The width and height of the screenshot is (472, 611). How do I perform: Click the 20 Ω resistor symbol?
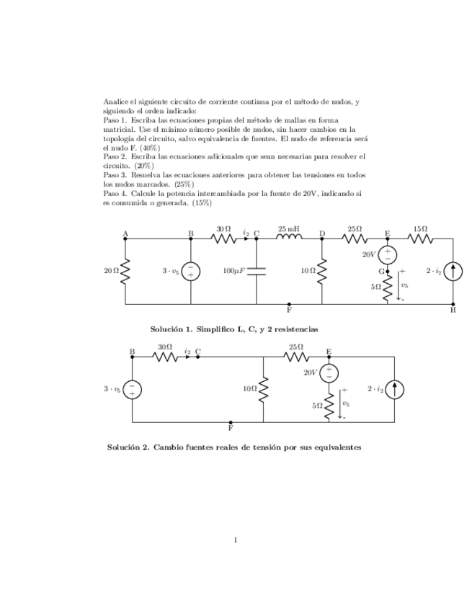(125, 271)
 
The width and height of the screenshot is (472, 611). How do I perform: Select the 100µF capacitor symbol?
(257, 271)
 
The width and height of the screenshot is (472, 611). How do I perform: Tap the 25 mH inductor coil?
(289, 238)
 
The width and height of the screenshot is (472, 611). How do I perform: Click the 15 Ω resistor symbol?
(420, 238)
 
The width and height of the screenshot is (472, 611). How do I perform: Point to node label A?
(125, 233)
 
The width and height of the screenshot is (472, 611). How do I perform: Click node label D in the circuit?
(322, 233)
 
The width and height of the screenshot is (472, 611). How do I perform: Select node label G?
(382, 272)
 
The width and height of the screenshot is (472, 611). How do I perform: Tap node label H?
(453, 311)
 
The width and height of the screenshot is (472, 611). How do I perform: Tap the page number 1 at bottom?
(236, 540)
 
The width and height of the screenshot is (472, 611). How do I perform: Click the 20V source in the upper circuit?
(388, 254)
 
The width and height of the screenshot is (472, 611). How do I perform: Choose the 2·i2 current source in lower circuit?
(395, 389)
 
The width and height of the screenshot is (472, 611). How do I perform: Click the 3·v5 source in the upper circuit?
(191, 271)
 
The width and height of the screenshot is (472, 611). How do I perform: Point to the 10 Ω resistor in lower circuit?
(264, 389)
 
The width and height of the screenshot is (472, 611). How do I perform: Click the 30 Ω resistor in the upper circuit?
(223, 238)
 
